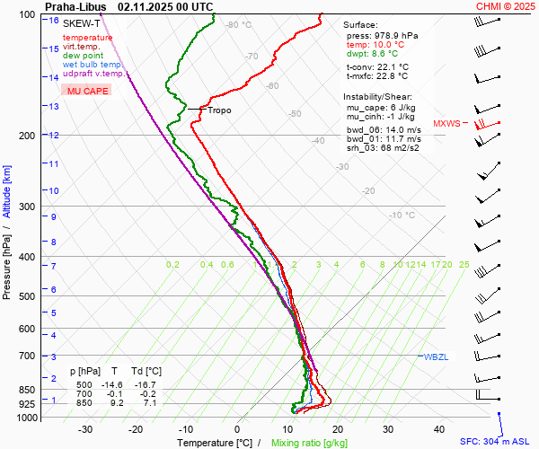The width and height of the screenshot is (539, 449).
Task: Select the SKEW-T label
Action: (x=82, y=23)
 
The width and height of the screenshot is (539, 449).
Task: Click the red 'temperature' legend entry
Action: (x=87, y=38)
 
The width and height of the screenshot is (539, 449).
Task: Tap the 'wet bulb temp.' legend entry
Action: (x=93, y=65)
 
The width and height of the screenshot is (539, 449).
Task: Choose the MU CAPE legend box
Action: (x=87, y=91)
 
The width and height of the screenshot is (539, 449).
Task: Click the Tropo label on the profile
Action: (x=218, y=110)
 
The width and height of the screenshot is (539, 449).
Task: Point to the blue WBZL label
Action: (x=435, y=357)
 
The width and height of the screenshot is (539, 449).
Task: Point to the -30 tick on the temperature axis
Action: (x=85, y=429)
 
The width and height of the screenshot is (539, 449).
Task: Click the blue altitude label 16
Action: (x=54, y=21)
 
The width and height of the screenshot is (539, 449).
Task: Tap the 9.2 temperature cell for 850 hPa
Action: (x=115, y=403)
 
